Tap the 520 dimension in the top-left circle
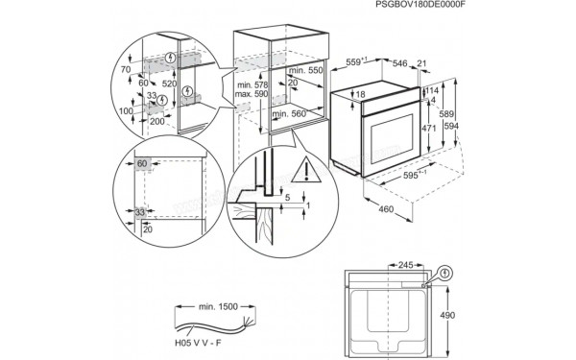tap(168, 84)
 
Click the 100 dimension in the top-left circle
tap(125, 110)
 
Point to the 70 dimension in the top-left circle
tap(125, 70)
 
